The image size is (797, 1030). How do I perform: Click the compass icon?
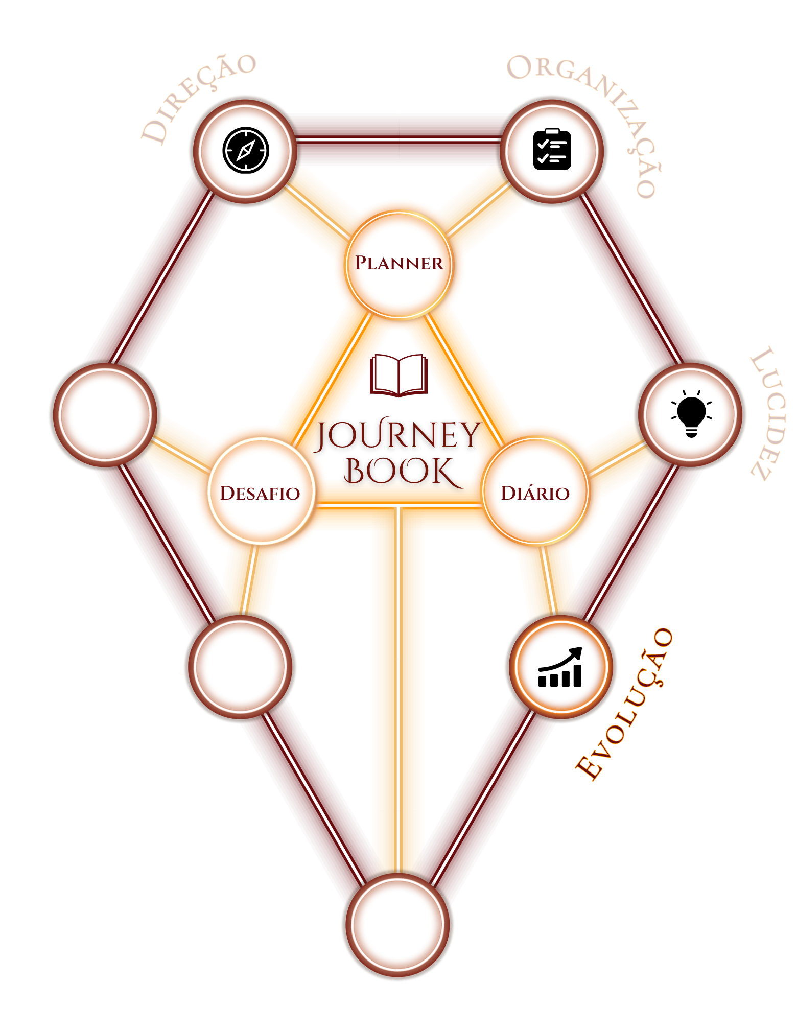tap(246, 150)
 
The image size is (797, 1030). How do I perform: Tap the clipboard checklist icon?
tap(552, 149)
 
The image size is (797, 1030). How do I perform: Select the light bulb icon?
tap(691, 414)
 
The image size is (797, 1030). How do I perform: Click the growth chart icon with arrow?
tap(560, 667)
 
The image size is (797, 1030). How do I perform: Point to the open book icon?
tap(398, 376)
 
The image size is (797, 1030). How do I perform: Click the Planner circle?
tap(399, 265)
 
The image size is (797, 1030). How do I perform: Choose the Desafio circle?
tap(261, 491)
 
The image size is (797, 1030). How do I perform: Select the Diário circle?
tap(535, 490)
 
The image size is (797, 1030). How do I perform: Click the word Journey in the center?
tap(397, 435)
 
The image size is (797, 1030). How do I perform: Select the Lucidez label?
tap(767, 414)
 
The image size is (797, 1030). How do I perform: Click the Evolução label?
tap(623, 704)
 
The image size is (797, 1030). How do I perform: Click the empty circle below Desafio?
tap(240, 667)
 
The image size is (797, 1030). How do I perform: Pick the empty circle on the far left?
tap(105, 414)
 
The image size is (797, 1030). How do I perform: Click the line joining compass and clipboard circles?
tap(398, 138)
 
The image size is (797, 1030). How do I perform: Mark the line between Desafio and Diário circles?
tap(398, 505)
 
